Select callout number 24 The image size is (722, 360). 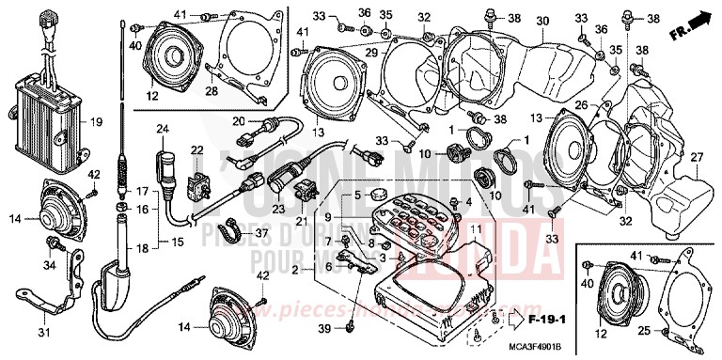point(161,129)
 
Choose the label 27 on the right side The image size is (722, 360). point(697,158)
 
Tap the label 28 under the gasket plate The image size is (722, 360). point(213,90)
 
